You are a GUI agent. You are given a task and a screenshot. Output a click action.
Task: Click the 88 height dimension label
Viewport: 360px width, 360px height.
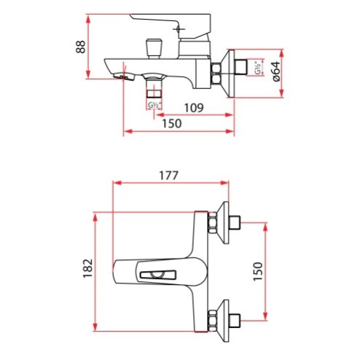coord(81,47)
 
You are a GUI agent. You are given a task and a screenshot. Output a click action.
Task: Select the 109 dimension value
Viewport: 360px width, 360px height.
coord(194,108)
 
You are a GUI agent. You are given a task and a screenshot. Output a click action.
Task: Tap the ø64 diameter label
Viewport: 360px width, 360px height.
coord(276,71)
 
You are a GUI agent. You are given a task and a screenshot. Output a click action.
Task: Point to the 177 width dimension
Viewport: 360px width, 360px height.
coord(169,176)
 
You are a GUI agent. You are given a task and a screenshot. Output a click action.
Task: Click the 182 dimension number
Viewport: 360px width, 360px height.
coord(88,268)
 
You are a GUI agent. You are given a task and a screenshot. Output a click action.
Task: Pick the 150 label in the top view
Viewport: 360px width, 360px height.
coord(172,124)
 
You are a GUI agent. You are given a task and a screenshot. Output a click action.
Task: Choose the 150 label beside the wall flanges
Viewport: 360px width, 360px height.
coord(258,272)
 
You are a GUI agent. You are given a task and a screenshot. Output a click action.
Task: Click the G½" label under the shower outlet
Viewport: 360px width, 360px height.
coord(154,106)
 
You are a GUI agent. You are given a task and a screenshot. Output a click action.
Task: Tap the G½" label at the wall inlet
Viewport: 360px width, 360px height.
coord(258,68)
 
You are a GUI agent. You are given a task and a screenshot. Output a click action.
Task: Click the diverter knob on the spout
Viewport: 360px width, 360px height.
coord(154,48)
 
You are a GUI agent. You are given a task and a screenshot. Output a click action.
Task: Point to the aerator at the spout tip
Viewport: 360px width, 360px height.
coord(124,77)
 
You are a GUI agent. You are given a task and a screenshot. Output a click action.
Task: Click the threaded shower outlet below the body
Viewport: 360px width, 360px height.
coord(154,89)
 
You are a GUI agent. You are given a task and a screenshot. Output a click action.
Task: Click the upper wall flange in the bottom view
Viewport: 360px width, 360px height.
coord(224,223)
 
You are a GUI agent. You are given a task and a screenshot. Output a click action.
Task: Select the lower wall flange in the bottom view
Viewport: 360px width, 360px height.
coord(224,321)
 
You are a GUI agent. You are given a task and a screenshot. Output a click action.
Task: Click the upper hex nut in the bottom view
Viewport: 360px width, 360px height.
coord(212,223)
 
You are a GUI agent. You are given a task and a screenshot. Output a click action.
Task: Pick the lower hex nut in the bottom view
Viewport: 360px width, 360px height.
coord(212,321)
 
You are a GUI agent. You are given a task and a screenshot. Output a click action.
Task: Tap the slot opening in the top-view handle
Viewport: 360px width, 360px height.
coord(158,274)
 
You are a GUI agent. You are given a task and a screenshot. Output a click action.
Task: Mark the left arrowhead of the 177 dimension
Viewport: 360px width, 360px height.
coord(117,183)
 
